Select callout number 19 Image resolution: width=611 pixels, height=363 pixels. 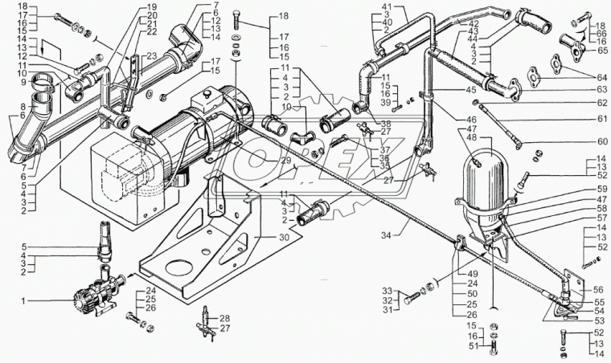[x=152, y=6]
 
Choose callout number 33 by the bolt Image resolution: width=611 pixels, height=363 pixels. [x=387, y=290]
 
